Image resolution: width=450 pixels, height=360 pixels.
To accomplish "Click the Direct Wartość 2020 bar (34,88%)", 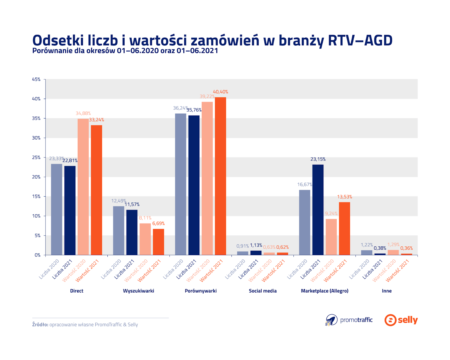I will coord(83,187).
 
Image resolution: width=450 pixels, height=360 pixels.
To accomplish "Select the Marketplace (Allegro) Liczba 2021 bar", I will coord(318,210).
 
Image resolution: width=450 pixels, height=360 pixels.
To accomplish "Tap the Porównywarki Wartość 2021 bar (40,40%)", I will coord(220,176).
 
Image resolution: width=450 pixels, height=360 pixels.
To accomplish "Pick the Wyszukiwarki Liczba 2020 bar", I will coord(118,231).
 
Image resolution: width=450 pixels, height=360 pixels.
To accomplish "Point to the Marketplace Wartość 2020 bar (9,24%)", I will coord(331,237).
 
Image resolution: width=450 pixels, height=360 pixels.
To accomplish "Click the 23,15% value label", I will coord(318,159).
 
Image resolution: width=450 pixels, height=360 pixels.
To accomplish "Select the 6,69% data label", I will coord(158,224).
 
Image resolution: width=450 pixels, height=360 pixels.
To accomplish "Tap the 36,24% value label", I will coord(180,108).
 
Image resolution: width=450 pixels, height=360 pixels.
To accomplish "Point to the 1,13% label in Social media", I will coord(256,245).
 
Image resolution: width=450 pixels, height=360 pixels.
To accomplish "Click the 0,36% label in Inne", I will coord(406,248).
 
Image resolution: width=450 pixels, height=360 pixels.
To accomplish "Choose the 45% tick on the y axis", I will coord(36,79).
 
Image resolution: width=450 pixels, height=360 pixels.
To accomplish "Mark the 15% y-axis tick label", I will coord(36,196).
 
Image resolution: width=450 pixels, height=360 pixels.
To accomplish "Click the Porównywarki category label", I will coord(201,291).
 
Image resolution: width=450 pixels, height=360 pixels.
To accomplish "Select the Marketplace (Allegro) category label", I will coord(325,291).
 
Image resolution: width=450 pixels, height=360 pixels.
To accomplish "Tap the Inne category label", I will coord(387,291).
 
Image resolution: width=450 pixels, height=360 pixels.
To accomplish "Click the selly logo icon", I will coord(390,320).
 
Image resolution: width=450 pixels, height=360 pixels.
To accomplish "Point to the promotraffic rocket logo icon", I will coord(332,320).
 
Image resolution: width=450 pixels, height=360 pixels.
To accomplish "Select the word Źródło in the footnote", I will coord(40,325).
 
